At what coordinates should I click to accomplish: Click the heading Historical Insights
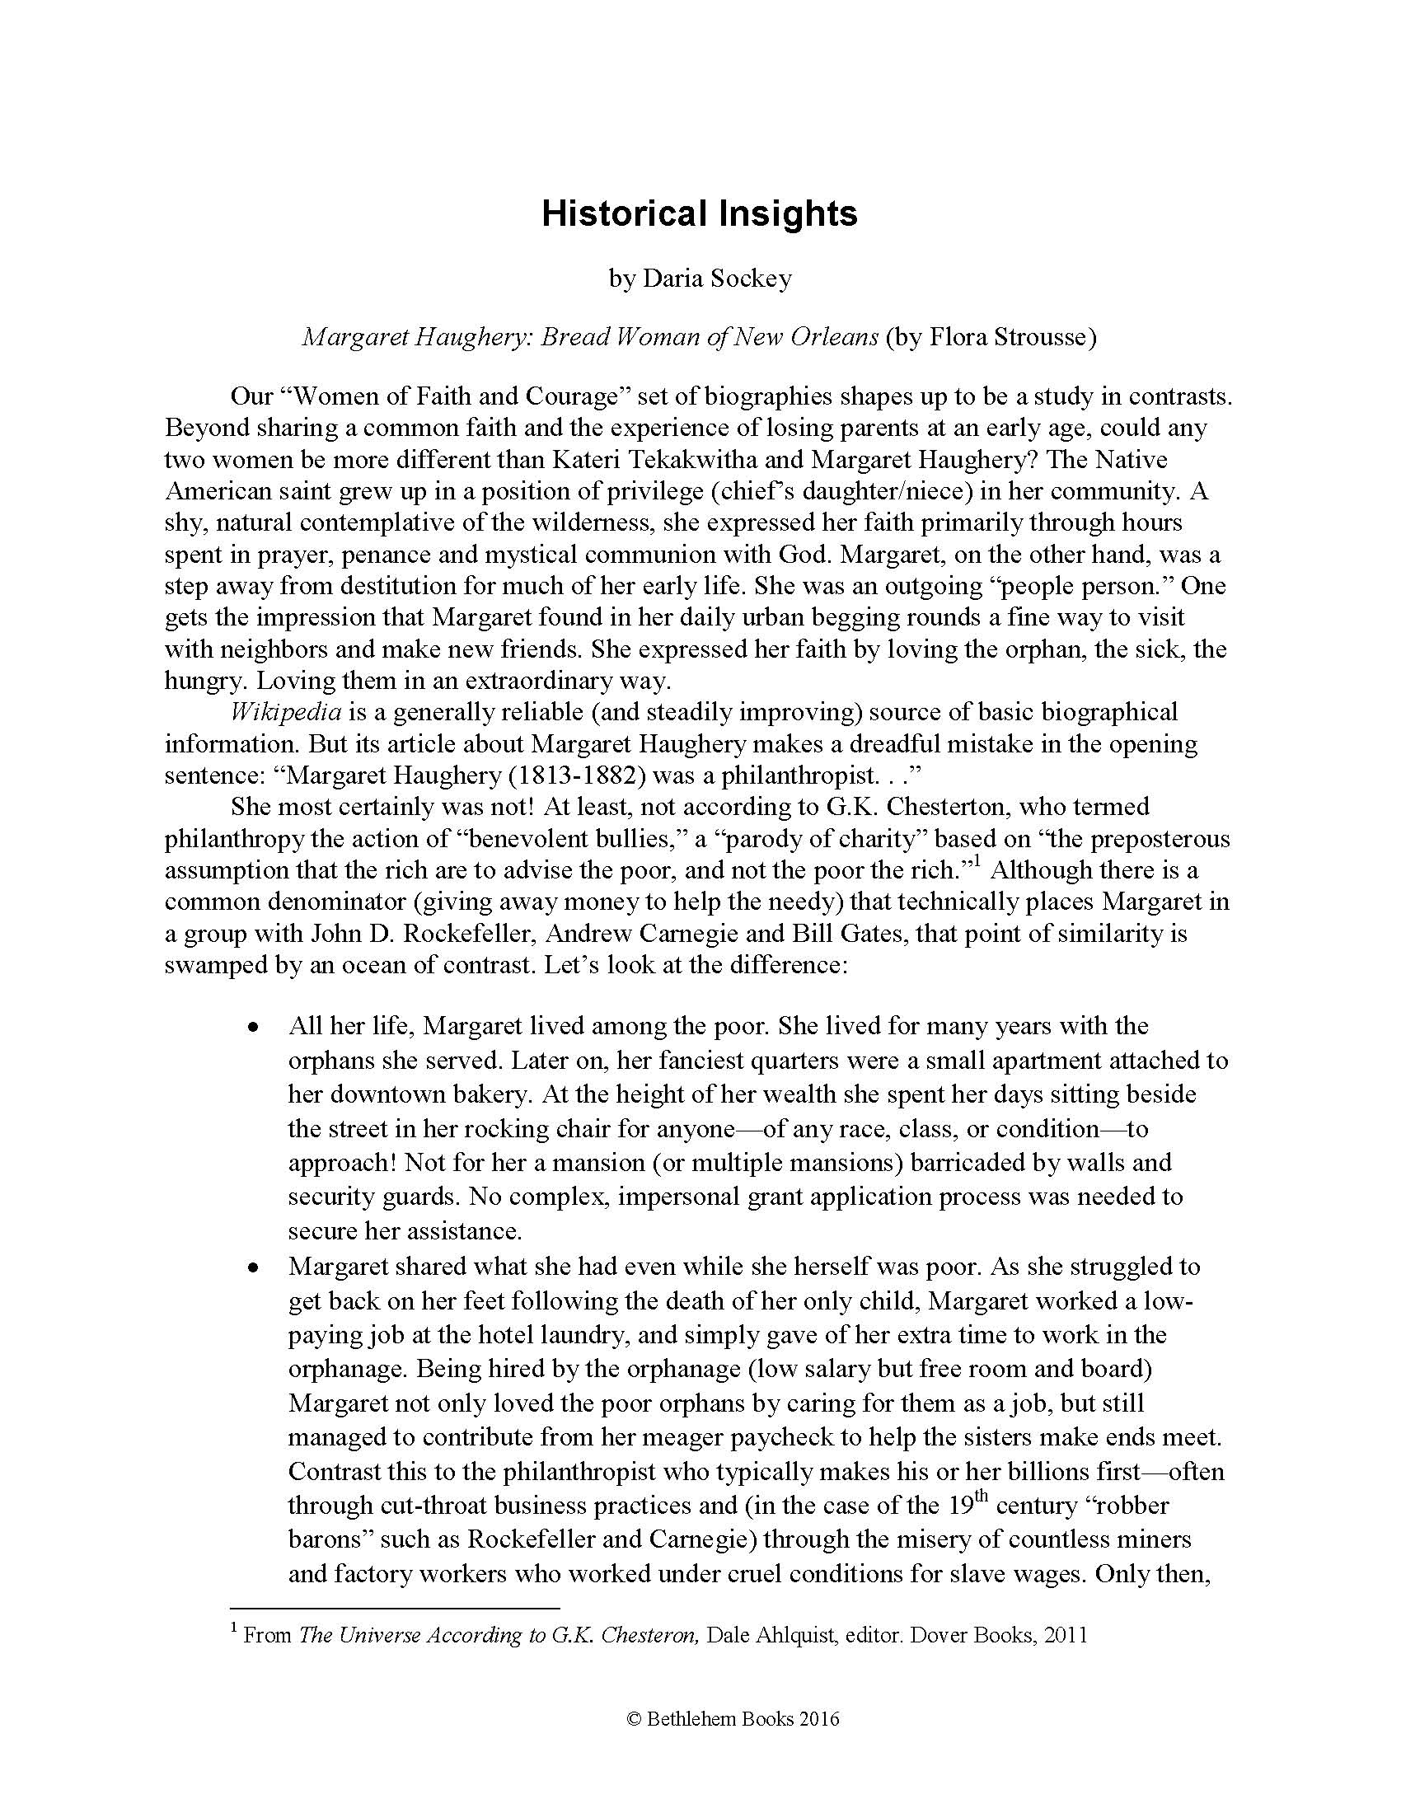[x=699, y=213]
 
